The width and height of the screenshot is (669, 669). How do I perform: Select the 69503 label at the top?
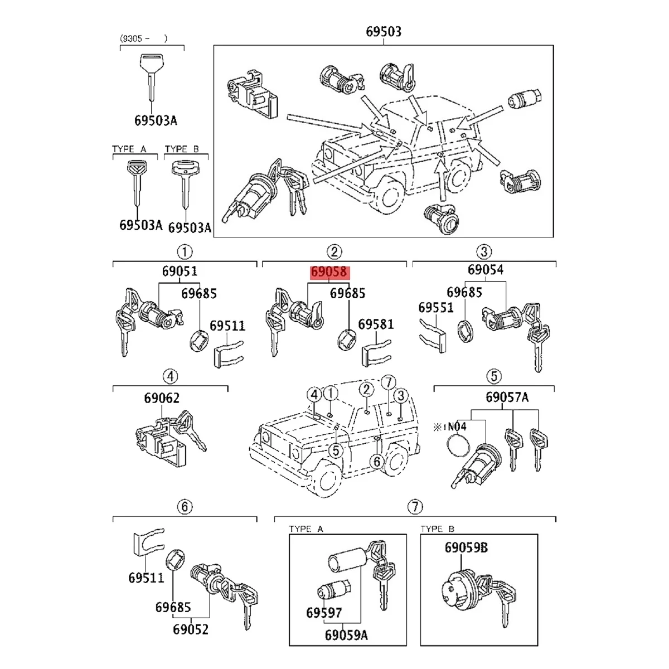tap(383, 32)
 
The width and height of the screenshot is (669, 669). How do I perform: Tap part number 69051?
tap(180, 272)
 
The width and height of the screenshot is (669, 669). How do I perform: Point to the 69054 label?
tap(485, 270)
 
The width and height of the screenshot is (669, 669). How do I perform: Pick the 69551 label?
tap(436, 307)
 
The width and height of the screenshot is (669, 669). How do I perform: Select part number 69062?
tap(162, 398)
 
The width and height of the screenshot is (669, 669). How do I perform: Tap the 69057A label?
tap(507, 397)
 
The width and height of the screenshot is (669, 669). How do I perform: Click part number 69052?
tap(190, 629)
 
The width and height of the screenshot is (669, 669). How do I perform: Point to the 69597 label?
tap(323, 613)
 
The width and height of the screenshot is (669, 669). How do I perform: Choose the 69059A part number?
tap(346, 635)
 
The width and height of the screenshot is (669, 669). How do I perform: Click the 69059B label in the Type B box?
tap(466, 548)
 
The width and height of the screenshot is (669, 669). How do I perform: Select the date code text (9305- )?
tap(144, 38)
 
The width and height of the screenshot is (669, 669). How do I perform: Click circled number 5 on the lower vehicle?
tap(334, 450)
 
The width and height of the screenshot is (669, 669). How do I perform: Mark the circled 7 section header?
tap(415, 507)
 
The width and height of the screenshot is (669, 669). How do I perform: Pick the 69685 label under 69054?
tap(464, 292)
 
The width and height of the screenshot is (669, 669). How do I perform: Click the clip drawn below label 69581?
tap(376, 353)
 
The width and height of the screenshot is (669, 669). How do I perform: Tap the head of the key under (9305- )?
tap(151, 61)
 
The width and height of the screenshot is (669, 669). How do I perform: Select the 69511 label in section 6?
tap(146, 578)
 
